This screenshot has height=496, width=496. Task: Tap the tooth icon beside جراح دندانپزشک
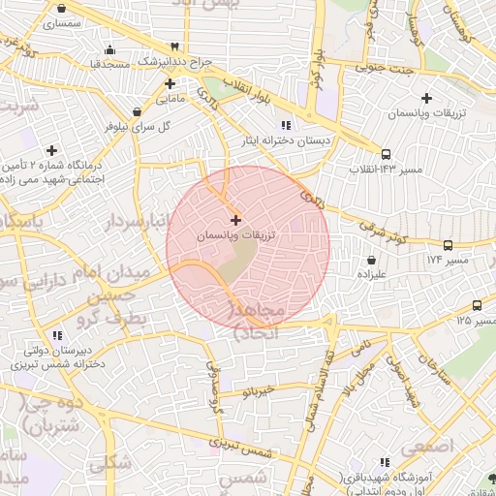tap(174, 46)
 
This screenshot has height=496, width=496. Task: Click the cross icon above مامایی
tap(170, 83)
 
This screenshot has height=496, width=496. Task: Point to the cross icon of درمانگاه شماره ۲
tap(51, 150)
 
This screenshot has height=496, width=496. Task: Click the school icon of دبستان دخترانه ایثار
tap(285, 125)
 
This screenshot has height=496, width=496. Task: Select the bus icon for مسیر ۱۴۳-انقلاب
tap(387, 154)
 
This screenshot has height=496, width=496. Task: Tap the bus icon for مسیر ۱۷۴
tap(448, 246)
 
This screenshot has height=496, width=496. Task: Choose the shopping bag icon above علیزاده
tap(373, 260)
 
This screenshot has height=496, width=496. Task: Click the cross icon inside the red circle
tap(236, 221)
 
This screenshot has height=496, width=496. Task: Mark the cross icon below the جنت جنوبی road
tap(426, 98)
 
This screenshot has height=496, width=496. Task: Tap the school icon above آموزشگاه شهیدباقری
tap(385, 463)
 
